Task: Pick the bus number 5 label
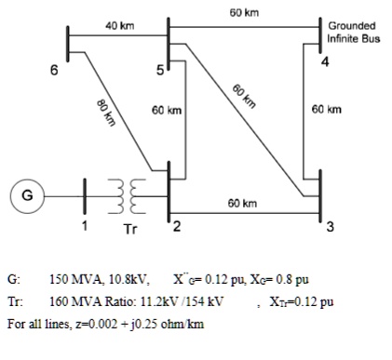[159, 71]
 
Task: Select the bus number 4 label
[324, 62]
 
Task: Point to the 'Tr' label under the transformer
[131, 228]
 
